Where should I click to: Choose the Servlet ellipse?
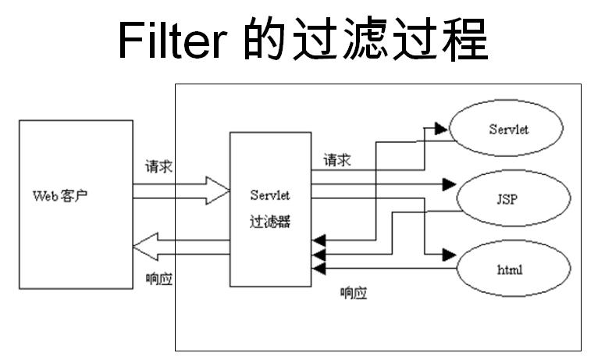508,129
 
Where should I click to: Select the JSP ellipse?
508,198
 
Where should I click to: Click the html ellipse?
508,269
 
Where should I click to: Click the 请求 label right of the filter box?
336,160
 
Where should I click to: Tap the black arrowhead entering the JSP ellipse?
448,185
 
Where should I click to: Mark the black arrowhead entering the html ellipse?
448,255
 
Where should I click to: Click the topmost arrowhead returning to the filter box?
318,239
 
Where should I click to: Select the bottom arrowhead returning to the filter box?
318,269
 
